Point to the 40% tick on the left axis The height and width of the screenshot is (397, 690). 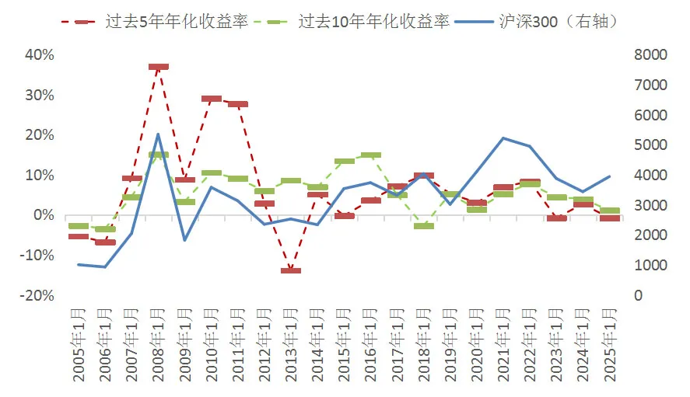40,55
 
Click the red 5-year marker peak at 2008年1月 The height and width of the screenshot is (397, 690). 159,68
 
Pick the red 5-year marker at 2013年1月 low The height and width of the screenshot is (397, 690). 291,270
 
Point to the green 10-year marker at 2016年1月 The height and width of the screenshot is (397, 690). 371,155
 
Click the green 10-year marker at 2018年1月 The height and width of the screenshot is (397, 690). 424,225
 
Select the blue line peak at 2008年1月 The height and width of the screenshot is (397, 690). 159,134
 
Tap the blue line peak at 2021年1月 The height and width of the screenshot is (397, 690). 503,138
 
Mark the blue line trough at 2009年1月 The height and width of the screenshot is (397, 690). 185,240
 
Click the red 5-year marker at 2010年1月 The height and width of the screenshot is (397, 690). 212,99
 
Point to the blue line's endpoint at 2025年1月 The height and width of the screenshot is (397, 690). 609,176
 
